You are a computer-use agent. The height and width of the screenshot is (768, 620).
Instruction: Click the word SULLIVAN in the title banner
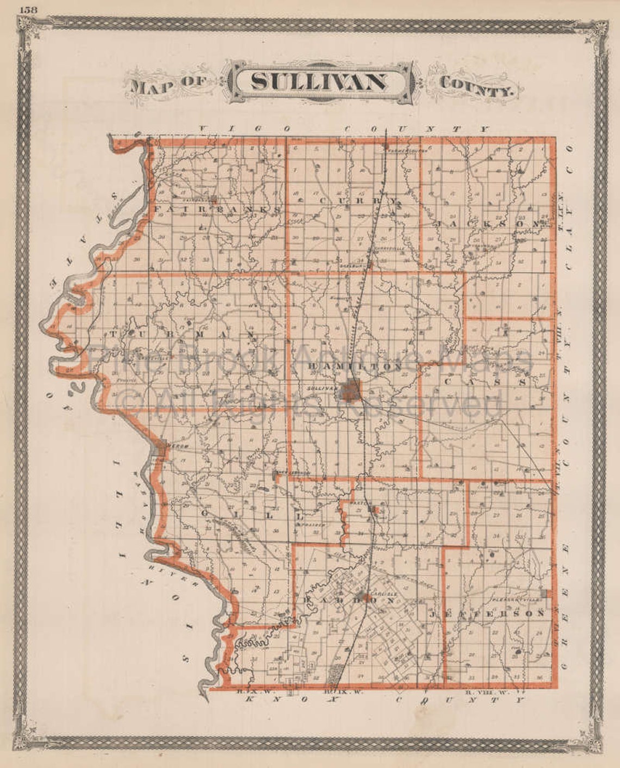coord(320,82)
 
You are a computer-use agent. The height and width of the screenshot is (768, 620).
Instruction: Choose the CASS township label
coord(485,382)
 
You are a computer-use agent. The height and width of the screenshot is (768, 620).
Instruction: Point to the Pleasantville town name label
coord(514,597)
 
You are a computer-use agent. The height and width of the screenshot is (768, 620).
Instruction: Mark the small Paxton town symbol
coord(373,509)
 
